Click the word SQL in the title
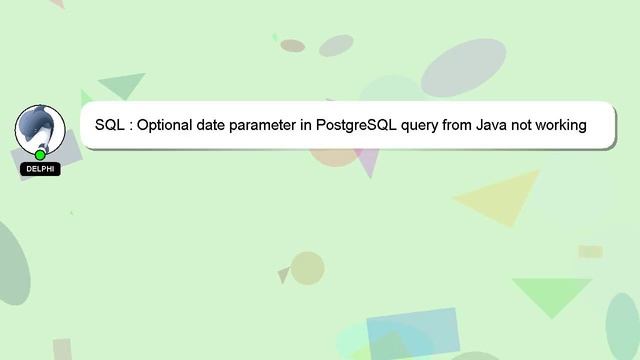[x=109, y=125]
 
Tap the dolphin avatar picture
[x=40, y=129]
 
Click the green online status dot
[x=40, y=155]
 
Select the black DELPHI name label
[x=40, y=169]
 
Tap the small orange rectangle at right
[x=590, y=252]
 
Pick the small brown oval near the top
[x=292, y=46]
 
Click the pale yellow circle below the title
[x=307, y=268]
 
